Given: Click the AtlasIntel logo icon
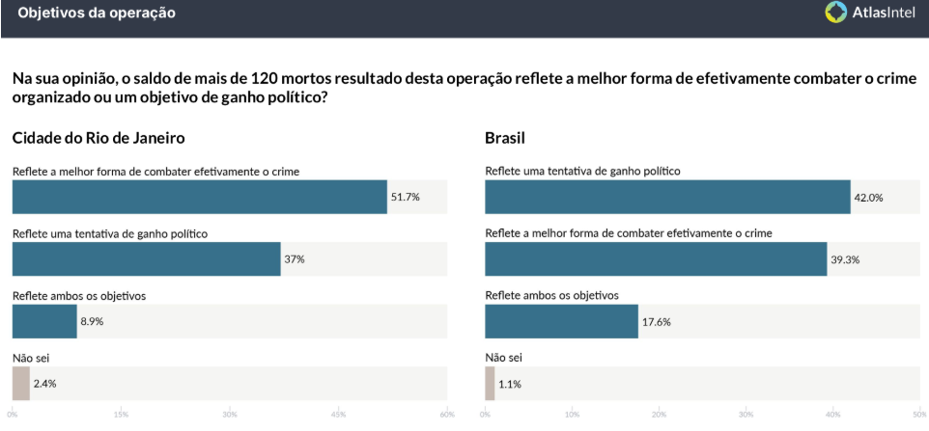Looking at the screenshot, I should [x=836, y=13].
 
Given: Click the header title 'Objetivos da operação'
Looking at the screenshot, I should [x=97, y=13].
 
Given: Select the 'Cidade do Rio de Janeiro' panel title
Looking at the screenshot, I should [x=98, y=138].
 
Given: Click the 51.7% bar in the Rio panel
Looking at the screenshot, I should [x=199, y=197].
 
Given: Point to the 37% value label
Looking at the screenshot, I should [x=295, y=259].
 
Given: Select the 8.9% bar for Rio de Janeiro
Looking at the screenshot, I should [x=44, y=321].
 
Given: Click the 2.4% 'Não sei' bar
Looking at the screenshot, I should [x=20, y=384].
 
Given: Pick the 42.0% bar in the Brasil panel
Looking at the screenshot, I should [x=667, y=197].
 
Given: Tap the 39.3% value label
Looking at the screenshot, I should [x=845, y=259].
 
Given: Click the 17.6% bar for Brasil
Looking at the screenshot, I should [x=561, y=321].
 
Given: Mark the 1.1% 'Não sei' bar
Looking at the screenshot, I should [x=490, y=384].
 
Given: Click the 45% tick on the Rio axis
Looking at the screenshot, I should [x=338, y=416].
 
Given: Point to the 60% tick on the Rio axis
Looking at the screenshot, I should [x=446, y=416].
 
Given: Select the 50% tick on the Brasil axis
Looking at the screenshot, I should [x=918, y=416].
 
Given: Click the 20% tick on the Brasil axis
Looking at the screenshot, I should [x=659, y=416].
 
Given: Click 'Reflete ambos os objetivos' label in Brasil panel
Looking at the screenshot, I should [x=551, y=295].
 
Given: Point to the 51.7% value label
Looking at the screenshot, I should [x=406, y=197].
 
